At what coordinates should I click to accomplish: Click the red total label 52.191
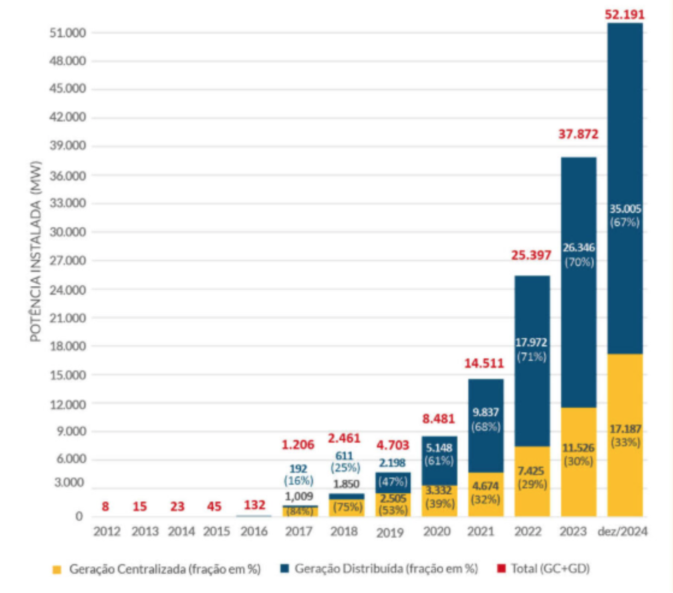(x=625, y=15)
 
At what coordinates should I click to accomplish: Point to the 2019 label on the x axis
(x=389, y=533)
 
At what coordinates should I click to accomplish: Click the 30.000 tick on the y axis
(x=68, y=232)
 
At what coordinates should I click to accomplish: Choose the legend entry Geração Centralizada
(x=165, y=569)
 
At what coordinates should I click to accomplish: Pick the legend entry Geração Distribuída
(x=386, y=569)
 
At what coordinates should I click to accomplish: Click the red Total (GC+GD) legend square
(x=501, y=569)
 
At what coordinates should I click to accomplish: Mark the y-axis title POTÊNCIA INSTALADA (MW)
(x=36, y=251)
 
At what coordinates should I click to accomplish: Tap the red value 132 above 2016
(x=255, y=505)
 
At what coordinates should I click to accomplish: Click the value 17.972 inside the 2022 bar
(x=531, y=343)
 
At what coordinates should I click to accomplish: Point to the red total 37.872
(x=578, y=134)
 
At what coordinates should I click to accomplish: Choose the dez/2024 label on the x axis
(x=623, y=532)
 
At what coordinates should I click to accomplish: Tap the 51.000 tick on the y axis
(x=68, y=33)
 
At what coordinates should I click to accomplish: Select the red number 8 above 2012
(x=105, y=507)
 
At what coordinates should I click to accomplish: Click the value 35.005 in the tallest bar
(x=625, y=209)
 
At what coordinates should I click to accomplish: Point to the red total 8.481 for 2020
(x=439, y=419)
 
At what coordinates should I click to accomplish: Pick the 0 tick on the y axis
(x=79, y=517)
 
